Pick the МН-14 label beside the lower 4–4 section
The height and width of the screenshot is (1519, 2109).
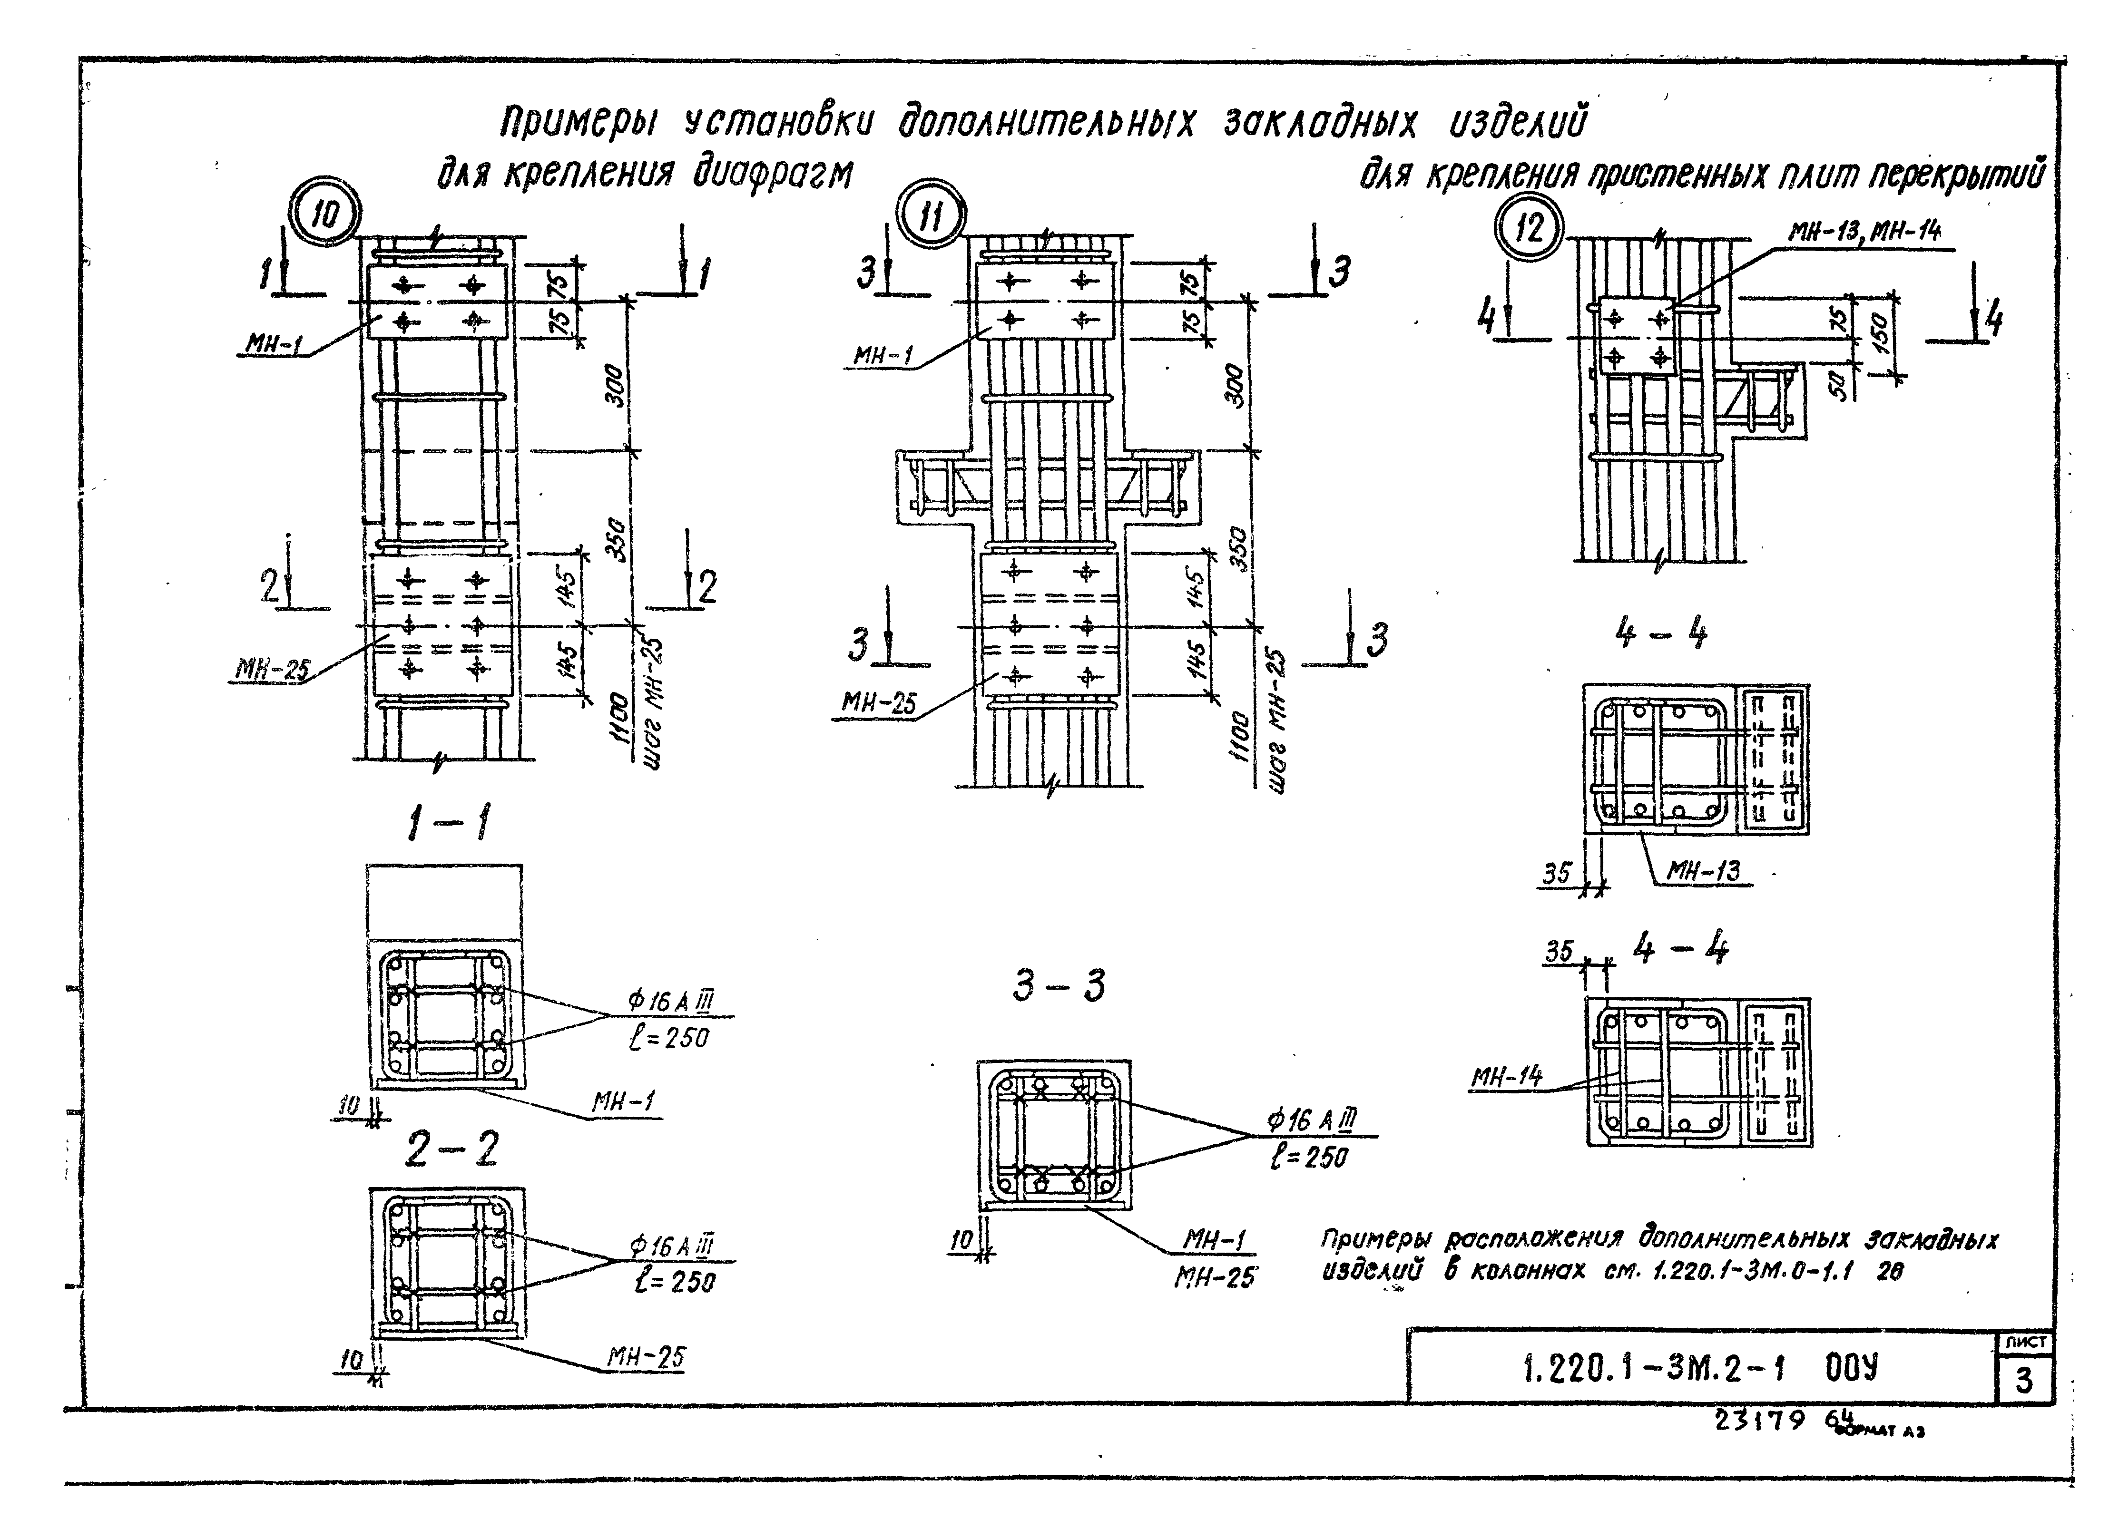click(x=1505, y=1077)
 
